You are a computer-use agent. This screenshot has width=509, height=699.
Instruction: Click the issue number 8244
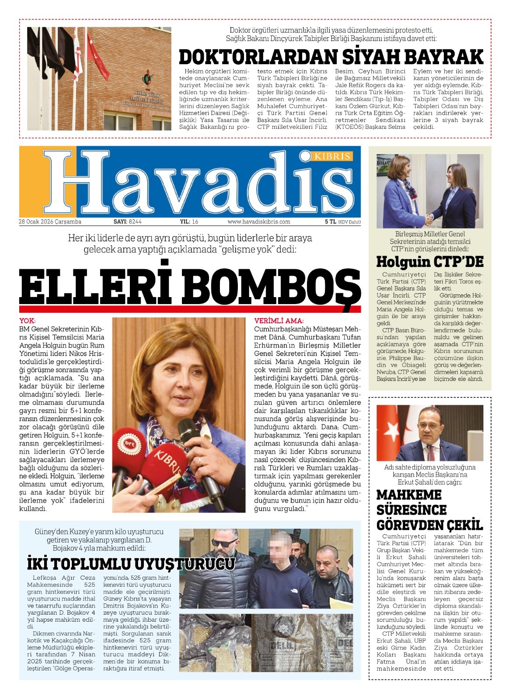[x=135, y=222]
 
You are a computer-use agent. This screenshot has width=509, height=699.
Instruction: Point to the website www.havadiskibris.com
[x=259, y=222]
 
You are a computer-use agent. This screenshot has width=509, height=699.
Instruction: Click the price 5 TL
[x=330, y=222]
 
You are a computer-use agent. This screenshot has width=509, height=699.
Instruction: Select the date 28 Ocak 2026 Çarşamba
[x=50, y=222]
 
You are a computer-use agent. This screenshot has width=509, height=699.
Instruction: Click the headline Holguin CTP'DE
[x=430, y=262]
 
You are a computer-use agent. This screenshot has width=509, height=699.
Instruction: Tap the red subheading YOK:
[x=28, y=321]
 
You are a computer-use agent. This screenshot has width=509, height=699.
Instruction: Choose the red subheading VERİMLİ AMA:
[x=279, y=321]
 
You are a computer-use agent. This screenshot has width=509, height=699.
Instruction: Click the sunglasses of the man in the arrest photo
[x=226, y=543]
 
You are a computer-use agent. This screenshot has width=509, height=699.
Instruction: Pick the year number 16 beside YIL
[x=195, y=222]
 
